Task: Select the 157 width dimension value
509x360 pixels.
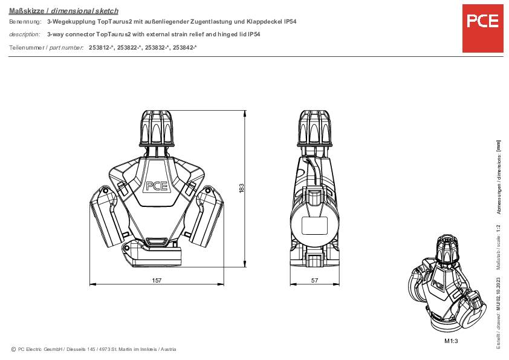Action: (157, 280)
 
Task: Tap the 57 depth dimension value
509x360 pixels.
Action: (314, 280)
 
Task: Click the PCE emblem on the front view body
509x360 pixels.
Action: (157, 186)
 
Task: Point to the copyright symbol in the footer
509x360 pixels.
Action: (13, 349)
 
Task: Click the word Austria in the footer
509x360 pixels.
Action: (167, 349)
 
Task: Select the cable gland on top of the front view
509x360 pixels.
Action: (157, 128)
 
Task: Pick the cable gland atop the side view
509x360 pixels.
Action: (314, 128)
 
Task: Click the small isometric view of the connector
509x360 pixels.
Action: (444, 284)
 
